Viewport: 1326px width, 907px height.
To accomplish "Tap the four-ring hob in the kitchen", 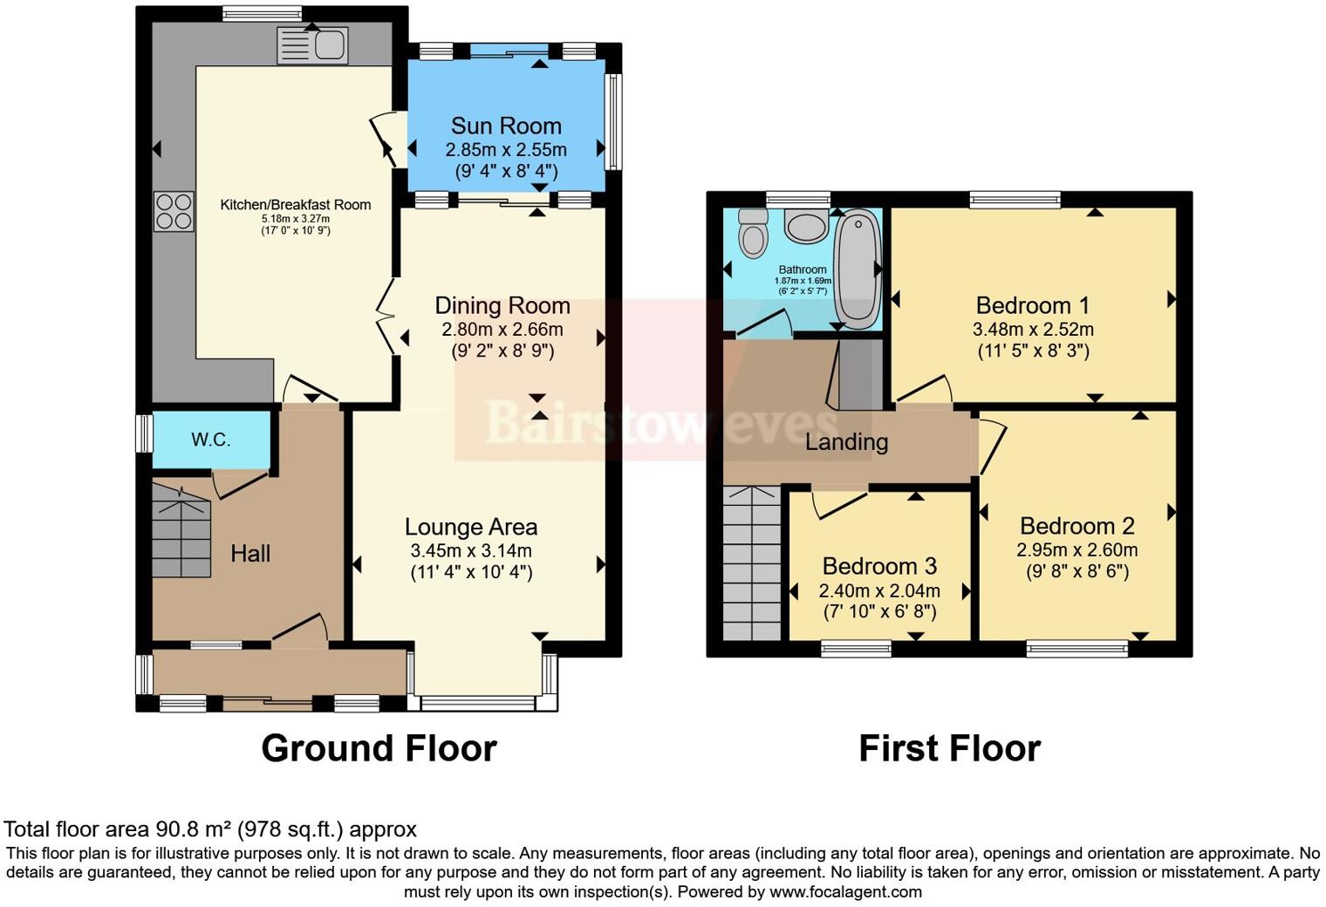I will (x=174, y=211).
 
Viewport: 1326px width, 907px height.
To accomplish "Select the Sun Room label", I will (x=506, y=126).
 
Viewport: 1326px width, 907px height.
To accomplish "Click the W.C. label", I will (x=211, y=440).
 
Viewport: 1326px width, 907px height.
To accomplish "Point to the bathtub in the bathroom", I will (x=858, y=269).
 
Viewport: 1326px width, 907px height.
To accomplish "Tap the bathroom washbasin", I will (x=807, y=225).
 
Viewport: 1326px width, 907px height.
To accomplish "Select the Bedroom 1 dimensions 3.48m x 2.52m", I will (x=1033, y=330).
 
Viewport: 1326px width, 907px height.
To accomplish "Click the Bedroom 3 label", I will (x=879, y=566).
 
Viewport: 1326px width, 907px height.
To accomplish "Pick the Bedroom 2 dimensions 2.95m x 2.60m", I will (x=1077, y=550).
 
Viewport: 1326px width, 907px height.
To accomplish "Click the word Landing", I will (x=846, y=442).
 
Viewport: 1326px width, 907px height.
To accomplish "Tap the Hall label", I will (x=250, y=553).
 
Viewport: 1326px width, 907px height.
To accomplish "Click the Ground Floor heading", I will (x=379, y=748).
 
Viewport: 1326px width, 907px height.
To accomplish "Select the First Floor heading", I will (x=949, y=748).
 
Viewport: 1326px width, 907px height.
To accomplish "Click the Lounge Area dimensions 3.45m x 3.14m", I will (x=471, y=550).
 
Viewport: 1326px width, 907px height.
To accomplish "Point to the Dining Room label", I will (x=502, y=306).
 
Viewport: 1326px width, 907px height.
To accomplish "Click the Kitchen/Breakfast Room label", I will (x=295, y=205).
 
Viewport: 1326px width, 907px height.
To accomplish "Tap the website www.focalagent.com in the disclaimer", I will (x=845, y=892).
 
